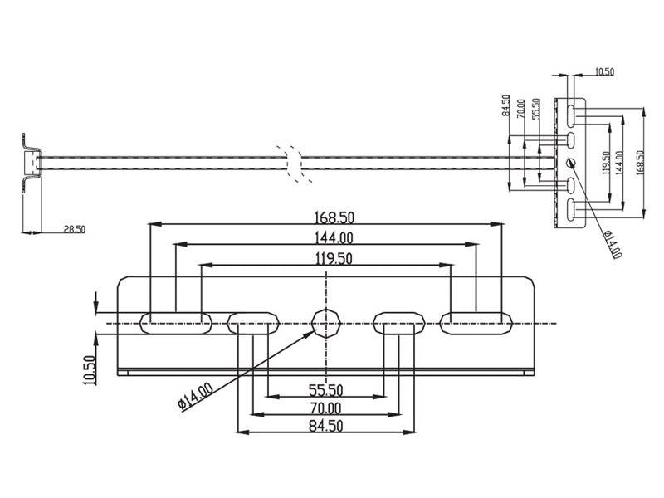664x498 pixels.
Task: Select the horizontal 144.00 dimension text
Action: coord(324,238)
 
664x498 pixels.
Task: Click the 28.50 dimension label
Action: coord(74,228)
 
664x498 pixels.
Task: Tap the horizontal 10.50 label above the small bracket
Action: coord(604,72)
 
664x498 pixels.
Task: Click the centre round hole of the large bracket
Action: coord(325,321)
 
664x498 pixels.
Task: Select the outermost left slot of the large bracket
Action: coord(175,321)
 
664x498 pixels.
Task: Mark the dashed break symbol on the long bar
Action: coord(292,163)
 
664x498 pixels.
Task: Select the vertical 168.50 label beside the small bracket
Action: coord(638,162)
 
